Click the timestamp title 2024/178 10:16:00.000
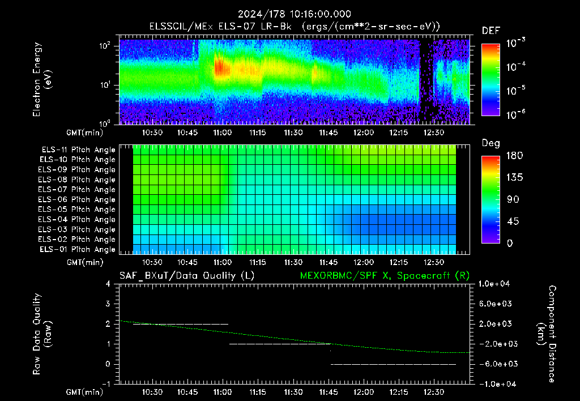295,14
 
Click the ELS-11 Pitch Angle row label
78,150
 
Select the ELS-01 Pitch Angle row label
78,249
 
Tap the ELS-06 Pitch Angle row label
77,199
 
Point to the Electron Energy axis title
42,79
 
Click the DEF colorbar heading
491,31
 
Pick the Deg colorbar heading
491,143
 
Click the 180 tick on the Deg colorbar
514,155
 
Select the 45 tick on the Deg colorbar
513,221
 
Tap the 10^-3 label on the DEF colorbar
515,42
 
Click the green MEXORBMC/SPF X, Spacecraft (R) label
385,276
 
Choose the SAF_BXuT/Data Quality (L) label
187,276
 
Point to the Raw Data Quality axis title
42,334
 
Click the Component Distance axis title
547,334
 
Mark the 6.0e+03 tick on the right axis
496,304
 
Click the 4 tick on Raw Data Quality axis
108,284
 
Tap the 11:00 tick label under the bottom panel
222,392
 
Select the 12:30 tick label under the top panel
433,133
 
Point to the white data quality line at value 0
393,364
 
